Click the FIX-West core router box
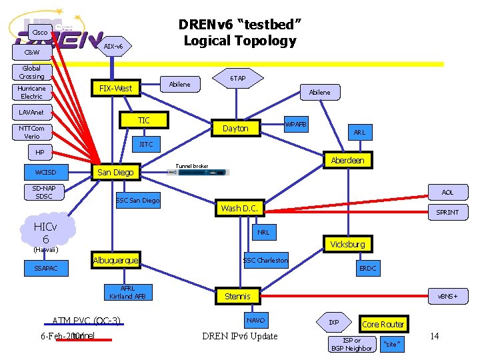pyautogui.click(x=115, y=88)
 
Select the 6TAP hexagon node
pyautogui.click(x=238, y=79)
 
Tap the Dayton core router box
pyautogui.click(x=235, y=128)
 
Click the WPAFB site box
pyautogui.click(x=295, y=125)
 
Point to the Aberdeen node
pyautogui.click(x=347, y=161)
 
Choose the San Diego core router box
pyautogui.click(x=115, y=172)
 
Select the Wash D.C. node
pyautogui.click(x=239, y=208)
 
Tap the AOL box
pyautogui.click(x=447, y=192)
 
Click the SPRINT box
pyautogui.click(x=447, y=212)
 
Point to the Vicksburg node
pyautogui.click(x=347, y=244)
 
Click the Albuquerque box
pyautogui.click(x=115, y=260)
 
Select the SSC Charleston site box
pyautogui.click(x=265, y=260)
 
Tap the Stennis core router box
pyautogui.click(x=237, y=296)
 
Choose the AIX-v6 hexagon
pyautogui.click(x=113, y=47)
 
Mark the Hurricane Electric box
pyautogui.click(x=31, y=92)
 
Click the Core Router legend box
pyautogui.click(x=383, y=325)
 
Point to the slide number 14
pyautogui.click(x=435, y=336)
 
